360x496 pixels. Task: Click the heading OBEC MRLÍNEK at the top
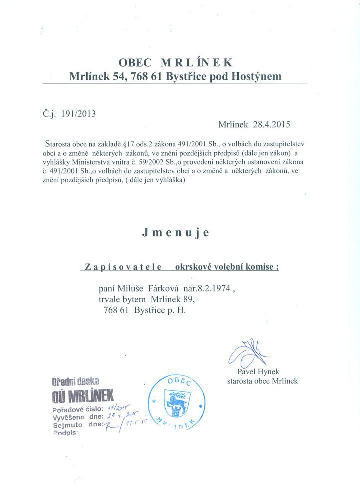(175, 62)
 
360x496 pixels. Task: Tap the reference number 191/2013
(77, 113)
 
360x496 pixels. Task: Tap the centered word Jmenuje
(175, 233)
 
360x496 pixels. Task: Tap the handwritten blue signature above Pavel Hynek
(247, 353)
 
